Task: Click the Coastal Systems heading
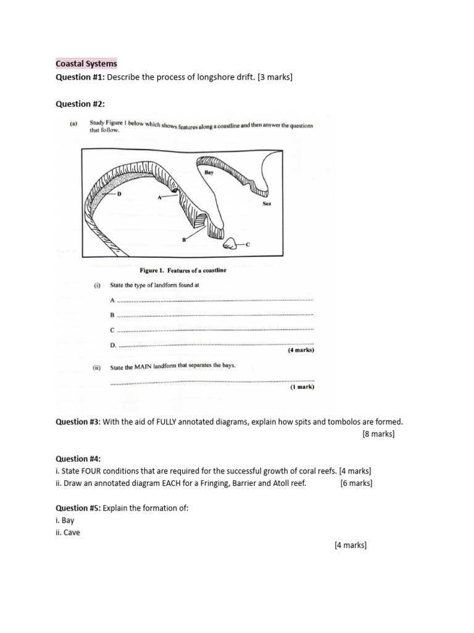[86, 64]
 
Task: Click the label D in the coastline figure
[120, 194]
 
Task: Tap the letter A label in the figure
[159, 198]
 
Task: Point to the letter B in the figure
[183, 239]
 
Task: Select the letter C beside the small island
[249, 245]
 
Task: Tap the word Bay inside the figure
[209, 173]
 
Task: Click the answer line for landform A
[215, 300]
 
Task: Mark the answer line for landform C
[215, 330]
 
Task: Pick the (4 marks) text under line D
[301, 350]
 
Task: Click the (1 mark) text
[302, 387]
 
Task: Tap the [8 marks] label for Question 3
[378, 434]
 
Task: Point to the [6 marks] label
[355, 483]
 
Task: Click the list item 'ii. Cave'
[68, 532]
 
